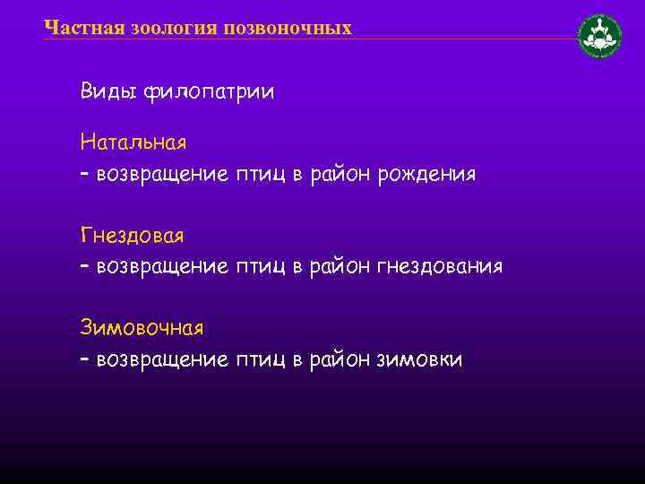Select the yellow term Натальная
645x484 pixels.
tap(133, 142)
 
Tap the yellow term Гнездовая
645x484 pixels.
tap(132, 235)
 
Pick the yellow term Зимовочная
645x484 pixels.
tap(142, 327)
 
